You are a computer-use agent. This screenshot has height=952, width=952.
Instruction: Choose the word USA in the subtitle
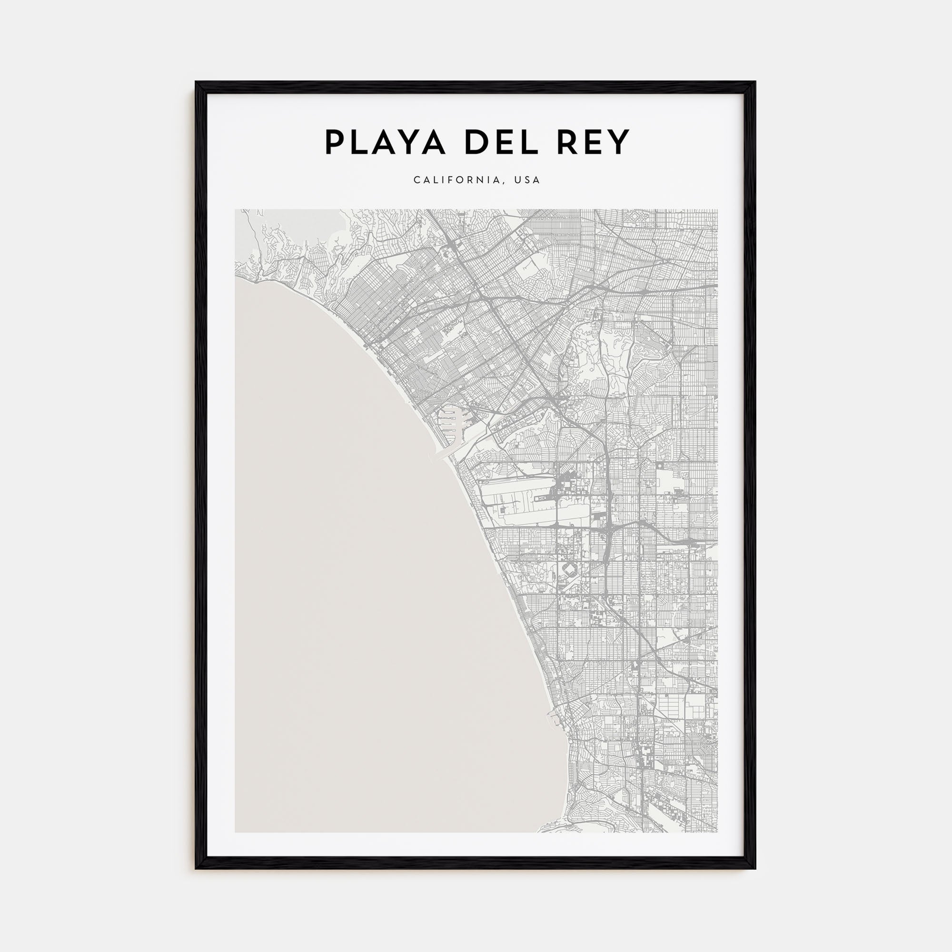527,180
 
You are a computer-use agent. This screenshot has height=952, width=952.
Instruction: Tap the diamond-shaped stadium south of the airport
570,570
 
